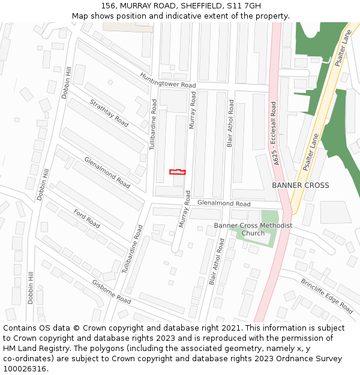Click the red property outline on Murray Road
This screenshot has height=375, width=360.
pyautogui.click(x=177, y=172)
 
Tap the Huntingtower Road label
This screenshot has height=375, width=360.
pyautogui.click(x=168, y=81)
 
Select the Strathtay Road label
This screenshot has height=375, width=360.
pyautogui.click(x=109, y=113)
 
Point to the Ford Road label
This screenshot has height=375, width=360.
pyautogui.click(x=87, y=218)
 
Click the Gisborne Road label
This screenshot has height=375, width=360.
pyautogui.click(x=111, y=291)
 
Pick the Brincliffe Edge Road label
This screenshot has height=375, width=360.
pyautogui.click(x=327, y=296)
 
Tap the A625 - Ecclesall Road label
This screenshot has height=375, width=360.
pyautogui.click(x=275, y=133)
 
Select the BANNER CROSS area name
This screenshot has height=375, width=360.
pyautogui.click(x=300, y=185)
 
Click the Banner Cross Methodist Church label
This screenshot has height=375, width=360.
pyautogui.click(x=253, y=229)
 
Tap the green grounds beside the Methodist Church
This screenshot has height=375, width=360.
pyautogui.click(x=269, y=217)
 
